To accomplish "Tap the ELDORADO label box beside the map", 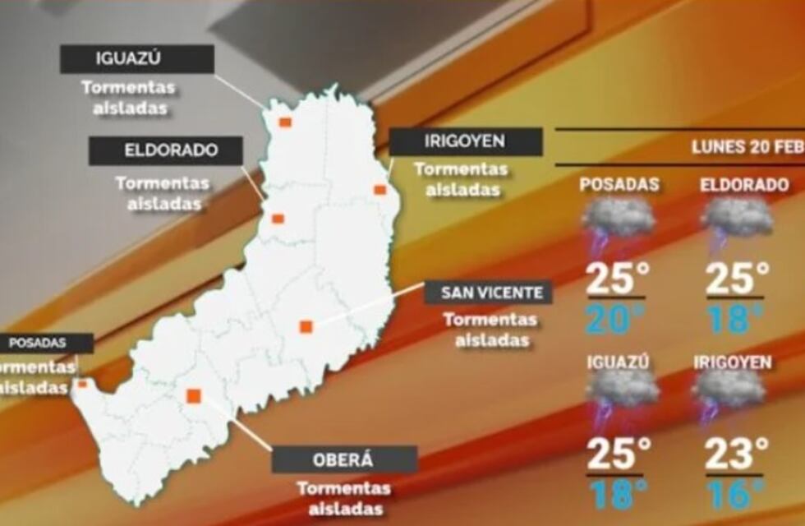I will point(166,151).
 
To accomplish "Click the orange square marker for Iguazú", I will point(284,122).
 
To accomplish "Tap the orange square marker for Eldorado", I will point(278,219).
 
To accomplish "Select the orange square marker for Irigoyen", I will point(379,190).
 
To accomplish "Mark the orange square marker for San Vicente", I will point(306,326).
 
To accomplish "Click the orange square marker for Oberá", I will point(194,396).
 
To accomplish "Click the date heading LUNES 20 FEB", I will point(746,148).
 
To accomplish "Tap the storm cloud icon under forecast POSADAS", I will point(618,222).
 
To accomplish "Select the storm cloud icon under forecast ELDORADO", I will point(737,222).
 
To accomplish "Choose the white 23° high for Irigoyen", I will point(737,454).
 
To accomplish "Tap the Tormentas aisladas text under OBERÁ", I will point(343,498).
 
